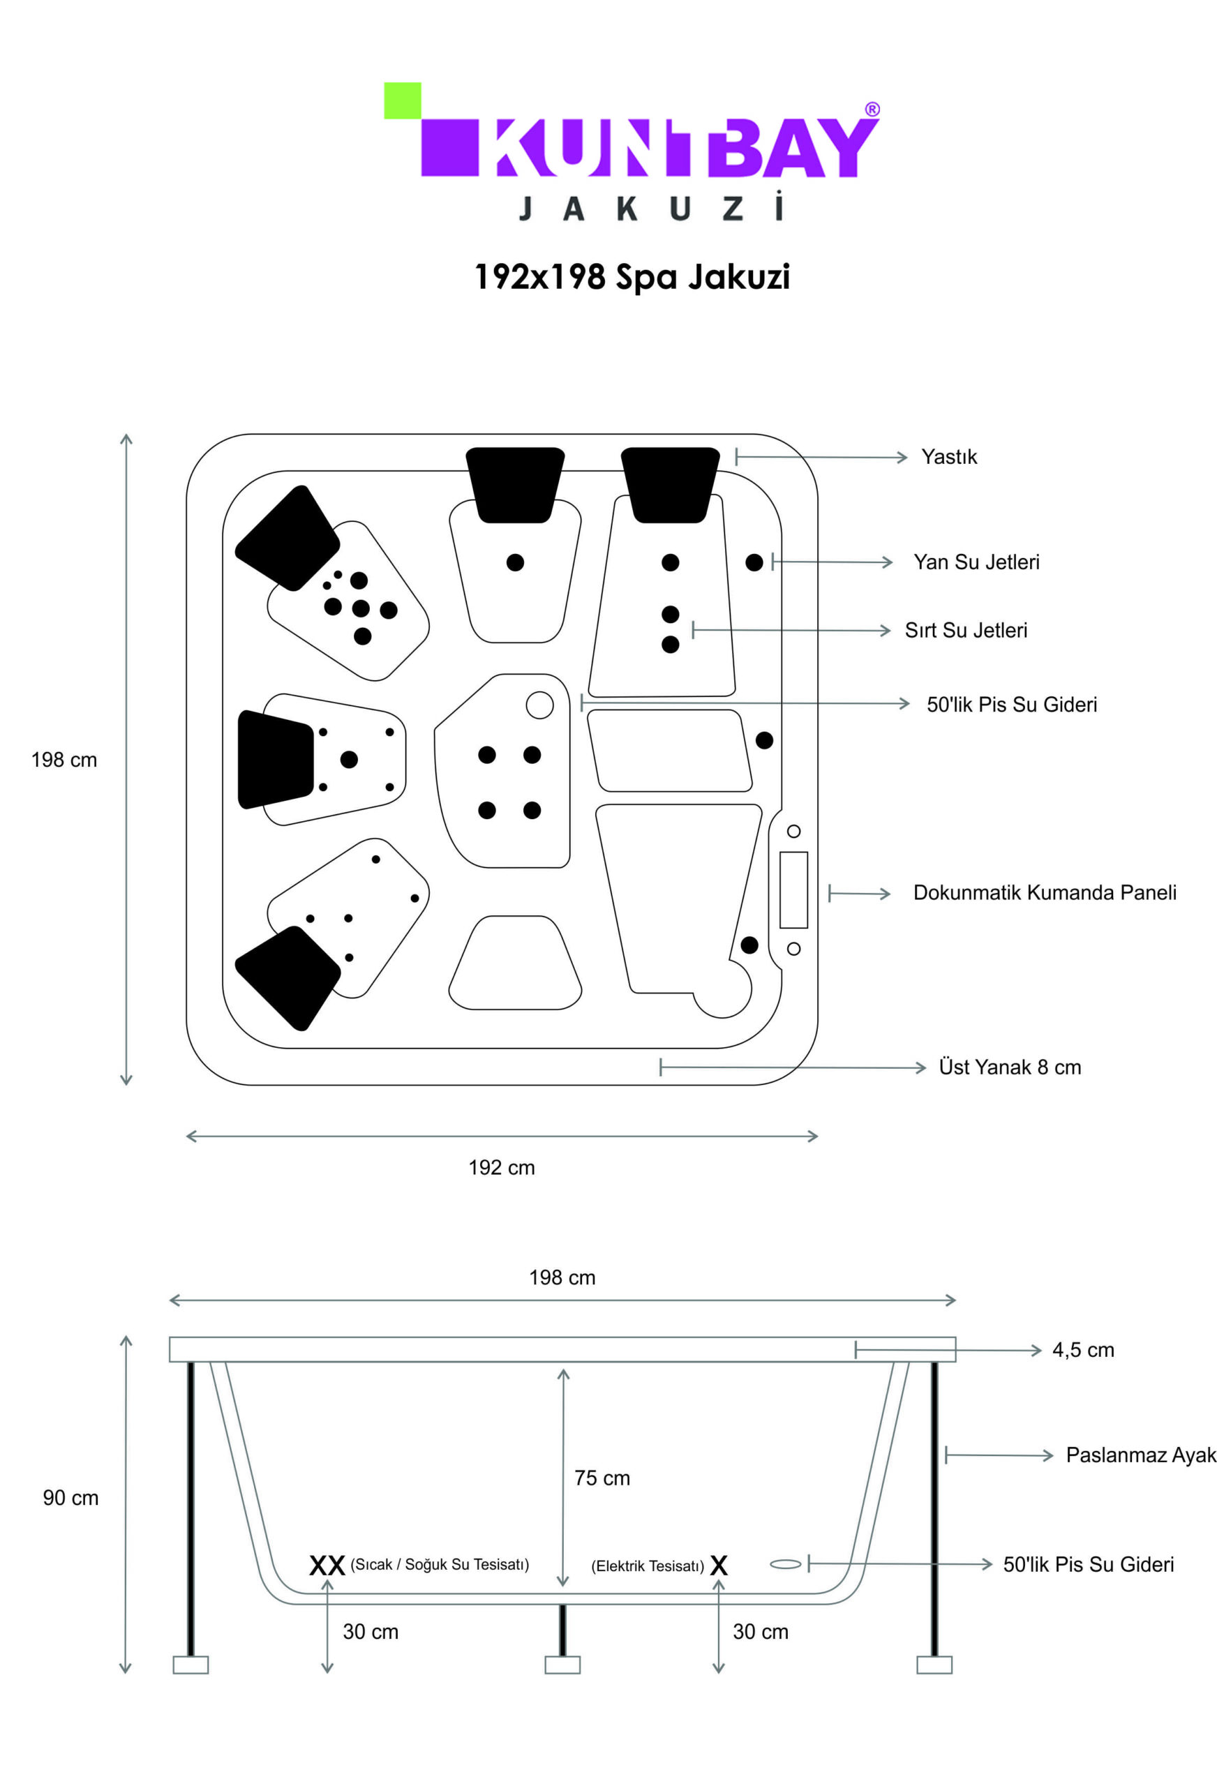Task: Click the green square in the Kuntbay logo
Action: pyautogui.click(x=402, y=100)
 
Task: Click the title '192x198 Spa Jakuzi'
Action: pyautogui.click(x=632, y=277)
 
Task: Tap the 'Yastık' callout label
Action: pyautogui.click(x=949, y=456)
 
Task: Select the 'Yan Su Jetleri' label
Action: pyautogui.click(x=976, y=562)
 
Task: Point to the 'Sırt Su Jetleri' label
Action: pyautogui.click(x=966, y=630)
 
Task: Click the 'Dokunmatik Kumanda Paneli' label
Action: pyautogui.click(x=1044, y=892)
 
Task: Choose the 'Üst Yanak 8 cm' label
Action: pyautogui.click(x=1010, y=1067)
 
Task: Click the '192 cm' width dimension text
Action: pyautogui.click(x=501, y=1167)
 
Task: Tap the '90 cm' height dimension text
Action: pyautogui.click(x=70, y=1498)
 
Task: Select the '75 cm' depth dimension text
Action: pyautogui.click(x=602, y=1478)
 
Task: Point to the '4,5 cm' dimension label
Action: pyautogui.click(x=1082, y=1349)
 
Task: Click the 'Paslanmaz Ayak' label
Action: pyautogui.click(x=1141, y=1455)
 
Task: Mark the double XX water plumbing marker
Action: pyautogui.click(x=327, y=1566)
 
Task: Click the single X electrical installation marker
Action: pyautogui.click(x=719, y=1566)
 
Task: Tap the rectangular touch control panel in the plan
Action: pyautogui.click(x=793, y=890)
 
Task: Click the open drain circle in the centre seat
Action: pyautogui.click(x=539, y=705)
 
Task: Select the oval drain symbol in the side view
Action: pyautogui.click(x=785, y=1564)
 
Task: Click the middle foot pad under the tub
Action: pyautogui.click(x=562, y=1665)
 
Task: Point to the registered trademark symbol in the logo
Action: pyautogui.click(x=872, y=109)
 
